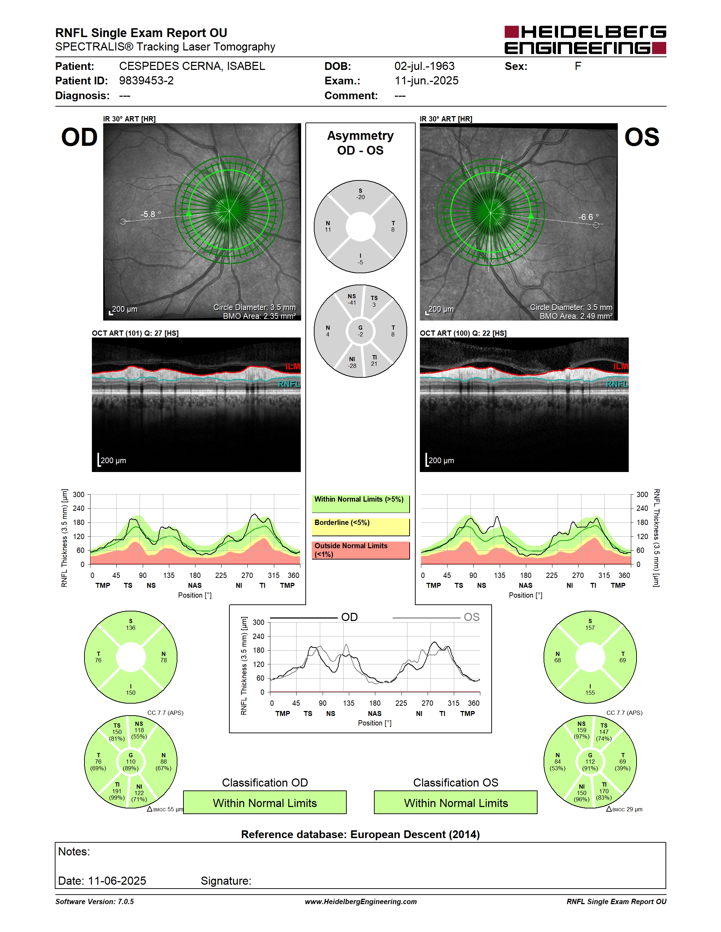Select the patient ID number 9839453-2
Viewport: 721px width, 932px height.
coord(146,80)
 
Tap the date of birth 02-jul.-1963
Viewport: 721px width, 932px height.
coord(424,66)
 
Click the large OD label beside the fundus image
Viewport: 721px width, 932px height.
coord(80,137)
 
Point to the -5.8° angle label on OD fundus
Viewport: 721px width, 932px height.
coord(151,214)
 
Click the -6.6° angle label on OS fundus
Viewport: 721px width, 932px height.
coord(588,217)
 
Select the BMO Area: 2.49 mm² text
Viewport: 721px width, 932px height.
coord(576,316)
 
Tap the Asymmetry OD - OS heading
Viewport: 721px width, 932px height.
coord(360,143)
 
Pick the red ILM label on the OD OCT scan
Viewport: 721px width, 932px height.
coord(293,366)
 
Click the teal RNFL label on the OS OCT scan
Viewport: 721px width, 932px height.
coord(617,384)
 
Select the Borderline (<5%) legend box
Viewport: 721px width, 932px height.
coord(360,527)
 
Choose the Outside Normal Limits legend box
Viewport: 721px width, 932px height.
coord(360,550)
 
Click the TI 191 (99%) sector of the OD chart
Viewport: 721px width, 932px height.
coord(117,791)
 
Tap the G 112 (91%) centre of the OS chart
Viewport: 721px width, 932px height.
coord(590,762)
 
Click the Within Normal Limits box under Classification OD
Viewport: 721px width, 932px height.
coord(265,802)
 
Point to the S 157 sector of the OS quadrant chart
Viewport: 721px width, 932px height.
coord(590,625)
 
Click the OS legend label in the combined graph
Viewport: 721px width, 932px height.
coord(471,617)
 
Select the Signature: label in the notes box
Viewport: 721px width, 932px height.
coord(226,881)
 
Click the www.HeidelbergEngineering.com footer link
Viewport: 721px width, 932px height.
coord(360,901)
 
